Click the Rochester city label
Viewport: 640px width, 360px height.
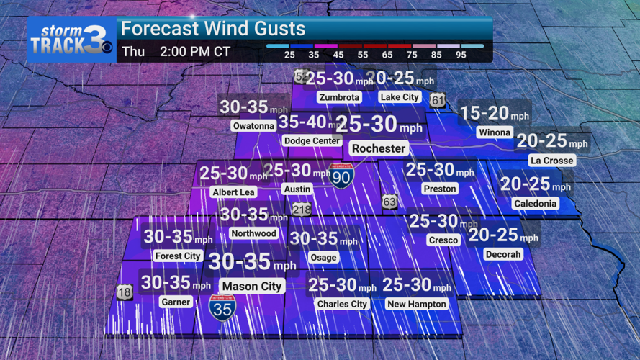coord(379,148)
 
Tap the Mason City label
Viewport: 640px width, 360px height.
coord(251,286)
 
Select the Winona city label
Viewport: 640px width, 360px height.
coord(494,132)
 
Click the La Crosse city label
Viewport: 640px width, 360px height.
coord(551,160)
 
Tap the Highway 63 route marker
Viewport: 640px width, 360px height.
coord(389,202)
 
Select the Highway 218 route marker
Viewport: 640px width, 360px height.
coord(302,210)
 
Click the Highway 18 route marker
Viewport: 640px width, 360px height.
coord(124,292)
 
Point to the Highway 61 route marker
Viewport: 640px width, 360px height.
coord(438,101)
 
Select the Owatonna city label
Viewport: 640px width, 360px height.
coord(253,126)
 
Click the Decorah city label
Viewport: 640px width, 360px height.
coord(503,254)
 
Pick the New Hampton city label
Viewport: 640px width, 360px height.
coord(416,304)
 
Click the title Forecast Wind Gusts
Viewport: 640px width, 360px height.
coord(213,30)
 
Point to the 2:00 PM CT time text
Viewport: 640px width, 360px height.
coord(194,52)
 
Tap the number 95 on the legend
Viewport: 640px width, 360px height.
coord(471,55)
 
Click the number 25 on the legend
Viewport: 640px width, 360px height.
coord(289,55)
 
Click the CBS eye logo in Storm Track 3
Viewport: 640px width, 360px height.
coord(106,49)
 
